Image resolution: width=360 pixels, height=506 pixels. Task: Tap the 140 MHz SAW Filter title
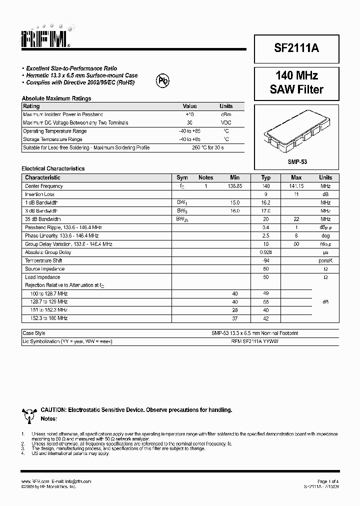296,82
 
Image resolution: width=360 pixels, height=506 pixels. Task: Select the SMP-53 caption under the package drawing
296,162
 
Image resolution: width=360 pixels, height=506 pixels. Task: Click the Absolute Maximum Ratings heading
56,98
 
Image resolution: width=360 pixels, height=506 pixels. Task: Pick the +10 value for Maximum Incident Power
189,114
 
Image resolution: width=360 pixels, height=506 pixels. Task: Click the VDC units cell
226,122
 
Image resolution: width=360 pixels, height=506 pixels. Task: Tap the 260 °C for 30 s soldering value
208,147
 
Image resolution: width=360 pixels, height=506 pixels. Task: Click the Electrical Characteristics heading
53,168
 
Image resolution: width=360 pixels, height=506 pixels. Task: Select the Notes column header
205,177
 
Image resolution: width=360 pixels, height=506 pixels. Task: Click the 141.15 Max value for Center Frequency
296,186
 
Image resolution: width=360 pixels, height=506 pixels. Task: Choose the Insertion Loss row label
39,194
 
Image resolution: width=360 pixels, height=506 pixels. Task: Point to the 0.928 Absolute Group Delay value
266,252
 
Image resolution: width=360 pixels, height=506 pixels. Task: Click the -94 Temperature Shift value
266,260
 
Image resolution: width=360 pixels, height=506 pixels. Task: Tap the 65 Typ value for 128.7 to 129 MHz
266,302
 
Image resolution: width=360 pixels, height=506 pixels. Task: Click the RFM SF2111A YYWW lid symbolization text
255,341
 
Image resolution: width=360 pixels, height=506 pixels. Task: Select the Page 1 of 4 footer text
327,481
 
